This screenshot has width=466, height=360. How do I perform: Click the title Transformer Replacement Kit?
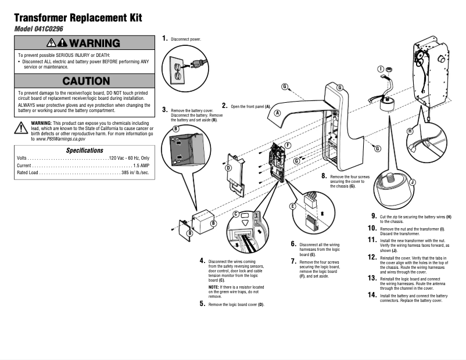point(78,18)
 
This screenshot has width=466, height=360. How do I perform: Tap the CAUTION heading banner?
point(86,81)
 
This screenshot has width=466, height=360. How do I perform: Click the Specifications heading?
point(85,150)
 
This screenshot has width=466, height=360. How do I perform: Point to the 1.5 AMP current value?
point(137,165)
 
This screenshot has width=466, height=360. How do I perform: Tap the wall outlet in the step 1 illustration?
point(178,70)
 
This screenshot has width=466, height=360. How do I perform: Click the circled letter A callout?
point(278,113)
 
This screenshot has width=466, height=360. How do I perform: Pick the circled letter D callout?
point(228,168)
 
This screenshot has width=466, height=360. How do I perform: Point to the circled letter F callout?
point(288,144)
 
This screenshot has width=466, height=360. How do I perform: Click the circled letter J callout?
point(412,182)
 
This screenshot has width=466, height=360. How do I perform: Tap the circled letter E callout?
point(293,206)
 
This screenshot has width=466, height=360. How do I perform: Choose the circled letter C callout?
point(236,214)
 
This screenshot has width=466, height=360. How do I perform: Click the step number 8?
point(324,175)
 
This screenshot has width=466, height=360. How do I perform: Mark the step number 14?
point(372,295)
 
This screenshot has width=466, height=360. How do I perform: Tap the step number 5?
point(202,303)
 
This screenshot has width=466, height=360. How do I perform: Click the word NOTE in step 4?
point(214,287)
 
